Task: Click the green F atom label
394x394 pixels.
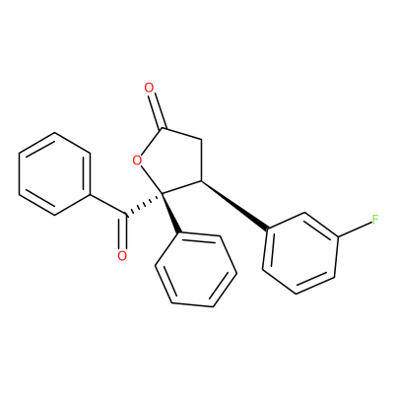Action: (x=375, y=219)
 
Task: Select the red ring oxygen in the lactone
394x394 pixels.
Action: (x=137, y=161)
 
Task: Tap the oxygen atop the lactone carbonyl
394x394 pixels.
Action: (x=149, y=88)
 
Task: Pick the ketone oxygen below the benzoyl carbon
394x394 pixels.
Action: (x=122, y=256)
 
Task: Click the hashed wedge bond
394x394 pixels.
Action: (x=144, y=205)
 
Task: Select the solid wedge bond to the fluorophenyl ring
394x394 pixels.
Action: (x=234, y=204)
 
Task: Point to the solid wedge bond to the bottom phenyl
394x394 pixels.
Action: (x=170, y=214)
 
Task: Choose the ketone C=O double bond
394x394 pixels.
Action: (x=123, y=232)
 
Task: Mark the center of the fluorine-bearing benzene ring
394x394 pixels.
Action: (x=299, y=253)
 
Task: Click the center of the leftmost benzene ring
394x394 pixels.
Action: (x=54, y=174)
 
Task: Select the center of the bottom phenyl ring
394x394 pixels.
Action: (x=196, y=270)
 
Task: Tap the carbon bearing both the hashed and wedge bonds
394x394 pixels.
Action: (x=162, y=194)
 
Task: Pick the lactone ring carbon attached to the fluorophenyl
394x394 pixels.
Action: (x=200, y=180)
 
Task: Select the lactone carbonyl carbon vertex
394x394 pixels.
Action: (x=162, y=129)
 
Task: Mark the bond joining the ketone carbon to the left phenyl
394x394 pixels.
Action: (x=107, y=205)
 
